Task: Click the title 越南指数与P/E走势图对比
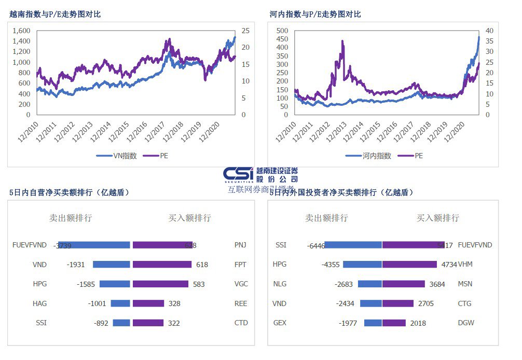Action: click(x=55, y=15)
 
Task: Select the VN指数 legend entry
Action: click(x=121, y=156)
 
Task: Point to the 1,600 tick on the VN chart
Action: click(x=21, y=31)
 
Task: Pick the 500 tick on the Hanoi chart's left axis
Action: click(x=281, y=31)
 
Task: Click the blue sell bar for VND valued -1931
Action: click(x=111, y=265)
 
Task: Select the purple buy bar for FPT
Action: click(x=162, y=265)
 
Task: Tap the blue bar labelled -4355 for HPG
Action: click(x=362, y=265)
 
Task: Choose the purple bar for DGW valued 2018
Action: click(x=394, y=323)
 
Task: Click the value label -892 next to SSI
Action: click(x=101, y=323)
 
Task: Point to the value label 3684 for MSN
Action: click(x=437, y=284)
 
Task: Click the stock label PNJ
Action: click(x=241, y=245)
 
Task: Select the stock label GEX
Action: click(x=280, y=323)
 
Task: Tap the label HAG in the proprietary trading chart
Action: click(x=39, y=303)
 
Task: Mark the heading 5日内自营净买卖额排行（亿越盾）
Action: click(x=69, y=192)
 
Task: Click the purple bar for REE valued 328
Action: click(x=148, y=303)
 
